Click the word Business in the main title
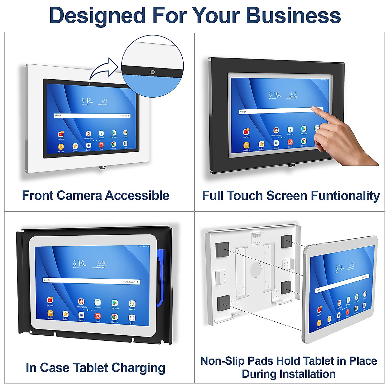pyautogui.click(x=293, y=15)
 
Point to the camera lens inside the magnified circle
pyautogui.click(x=153, y=72)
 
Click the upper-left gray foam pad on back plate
pyautogui.click(x=222, y=247)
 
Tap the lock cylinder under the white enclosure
pyautogui.click(x=102, y=167)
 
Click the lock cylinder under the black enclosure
pyautogui.click(x=291, y=166)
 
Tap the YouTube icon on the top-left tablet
pyautogui.click(x=61, y=134)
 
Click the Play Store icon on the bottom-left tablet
pyautogui.click(x=114, y=303)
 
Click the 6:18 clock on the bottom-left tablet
pyautogui.click(x=79, y=263)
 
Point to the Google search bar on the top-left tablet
pyautogui.click(x=92, y=115)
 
